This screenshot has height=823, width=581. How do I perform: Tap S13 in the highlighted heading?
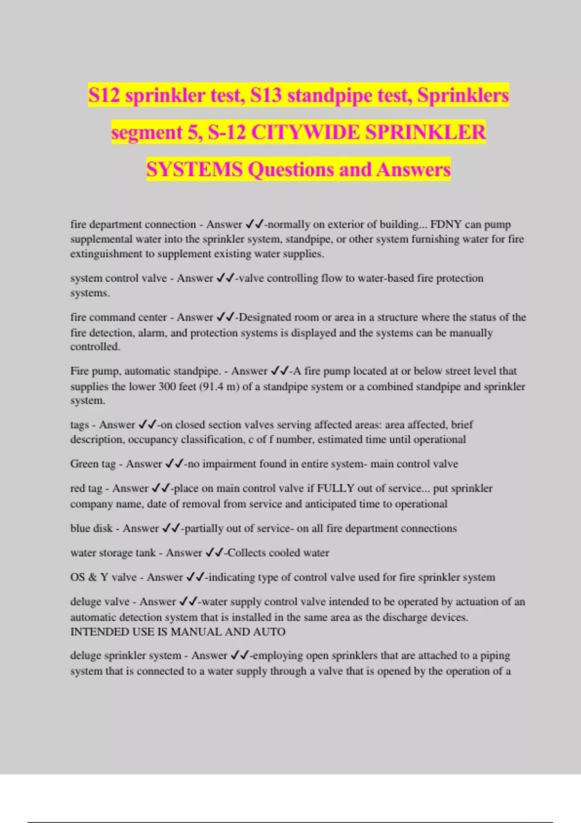point(266,95)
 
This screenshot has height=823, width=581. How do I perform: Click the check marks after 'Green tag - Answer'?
point(174,464)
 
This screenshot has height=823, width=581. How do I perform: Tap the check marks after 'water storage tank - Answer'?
point(214,553)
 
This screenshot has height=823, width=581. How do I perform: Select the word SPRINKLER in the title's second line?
point(425,132)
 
